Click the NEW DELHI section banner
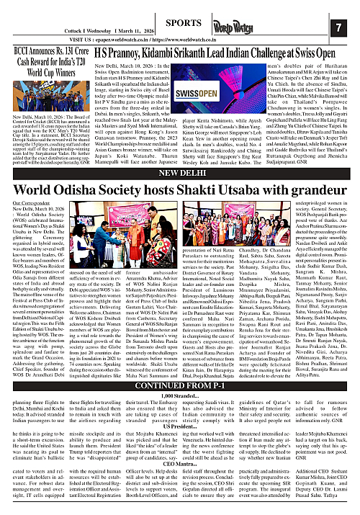[x=179, y=174]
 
